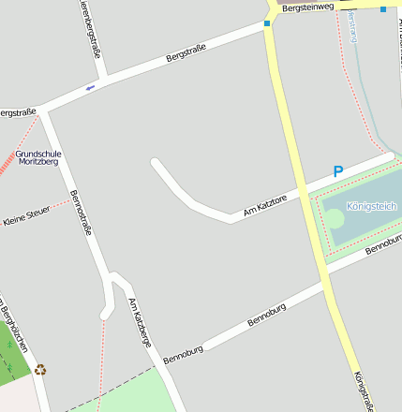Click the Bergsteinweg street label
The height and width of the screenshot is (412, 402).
(x=308, y=7)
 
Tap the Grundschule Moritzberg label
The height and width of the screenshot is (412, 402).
(x=38, y=157)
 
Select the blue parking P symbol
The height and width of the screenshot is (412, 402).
(x=338, y=171)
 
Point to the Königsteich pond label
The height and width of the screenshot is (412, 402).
(x=371, y=206)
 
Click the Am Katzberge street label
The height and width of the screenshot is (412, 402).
(x=140, y=323)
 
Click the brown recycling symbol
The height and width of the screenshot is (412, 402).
(x=40, y=370)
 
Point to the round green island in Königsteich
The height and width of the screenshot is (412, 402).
(x=335, y=218)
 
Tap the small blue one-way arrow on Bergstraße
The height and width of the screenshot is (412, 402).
(x=90, y=88)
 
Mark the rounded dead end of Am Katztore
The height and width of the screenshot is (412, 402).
(x=156, y=164)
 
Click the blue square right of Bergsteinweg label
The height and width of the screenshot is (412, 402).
(x=383, y=8)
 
